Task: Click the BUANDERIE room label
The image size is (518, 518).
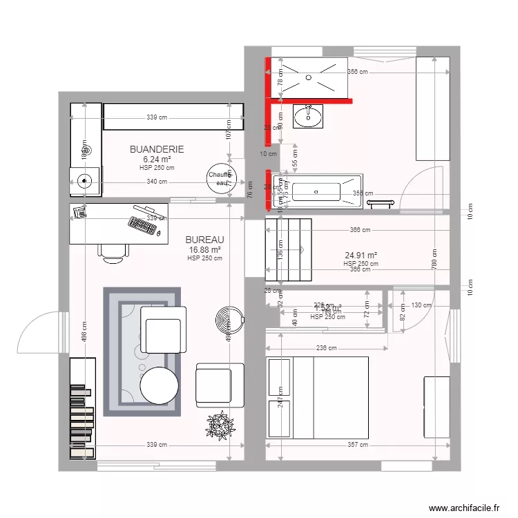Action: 157,149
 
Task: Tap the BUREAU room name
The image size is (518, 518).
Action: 204,240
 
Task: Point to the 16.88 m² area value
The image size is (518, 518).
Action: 204,250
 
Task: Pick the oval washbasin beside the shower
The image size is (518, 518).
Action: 308,117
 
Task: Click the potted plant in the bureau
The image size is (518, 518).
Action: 220,425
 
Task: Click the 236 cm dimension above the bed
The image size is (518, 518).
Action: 327,349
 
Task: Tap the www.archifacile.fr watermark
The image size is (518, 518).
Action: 463,508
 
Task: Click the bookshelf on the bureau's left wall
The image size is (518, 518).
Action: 82,407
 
